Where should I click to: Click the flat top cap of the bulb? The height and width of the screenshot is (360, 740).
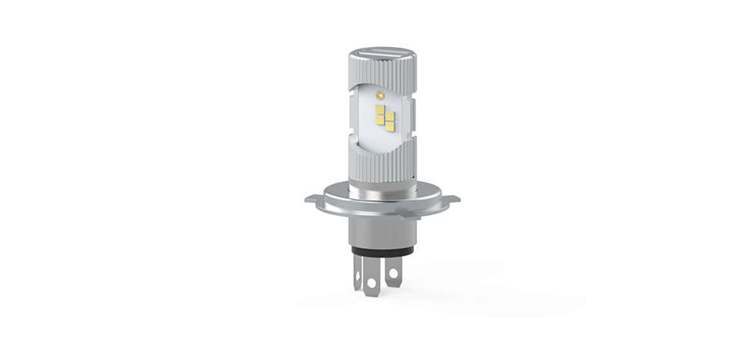click(382, 54)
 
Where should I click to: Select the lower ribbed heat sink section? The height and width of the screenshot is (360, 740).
click(382, 158)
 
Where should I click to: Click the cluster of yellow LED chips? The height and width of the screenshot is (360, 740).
click(385, 116)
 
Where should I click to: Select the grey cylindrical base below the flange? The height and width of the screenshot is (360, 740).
click(382, 231)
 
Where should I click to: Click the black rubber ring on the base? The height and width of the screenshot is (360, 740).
click(382, 251)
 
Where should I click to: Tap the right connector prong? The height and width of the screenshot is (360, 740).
click(394, 270)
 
